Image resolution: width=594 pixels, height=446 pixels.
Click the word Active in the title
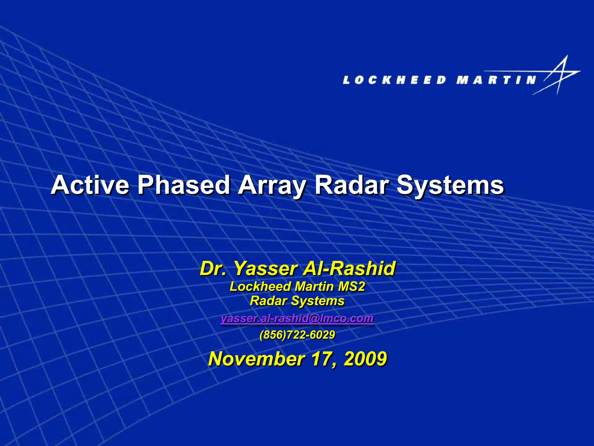point(90,185)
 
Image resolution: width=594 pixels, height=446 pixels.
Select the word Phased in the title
point(184,185)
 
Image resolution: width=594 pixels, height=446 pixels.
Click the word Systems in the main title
point(450,185)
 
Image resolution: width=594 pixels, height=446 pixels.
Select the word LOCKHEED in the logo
point(394,80)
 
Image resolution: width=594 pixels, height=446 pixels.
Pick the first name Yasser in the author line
point(265,268)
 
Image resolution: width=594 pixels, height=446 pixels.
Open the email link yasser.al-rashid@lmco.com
point(297,319)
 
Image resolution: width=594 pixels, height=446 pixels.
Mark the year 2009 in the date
point(365,359)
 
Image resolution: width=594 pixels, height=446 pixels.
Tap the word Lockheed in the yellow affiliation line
point(260,287)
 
